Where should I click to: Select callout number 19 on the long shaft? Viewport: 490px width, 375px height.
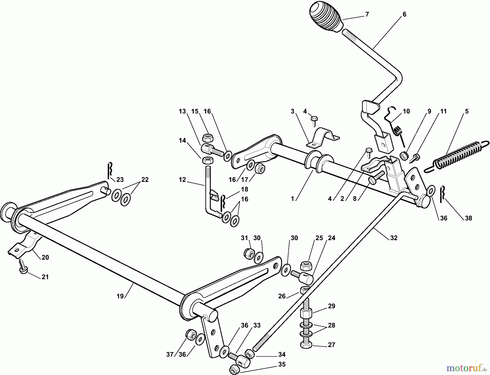pos(120,296)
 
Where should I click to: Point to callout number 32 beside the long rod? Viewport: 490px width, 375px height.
pos(394,238)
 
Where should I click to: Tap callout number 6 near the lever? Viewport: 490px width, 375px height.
pos(404,14)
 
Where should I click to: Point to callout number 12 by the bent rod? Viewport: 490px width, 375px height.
pos(182,179)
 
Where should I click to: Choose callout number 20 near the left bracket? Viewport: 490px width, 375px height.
pos(45,257)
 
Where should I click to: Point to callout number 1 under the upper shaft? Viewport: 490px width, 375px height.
pos(293,199)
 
